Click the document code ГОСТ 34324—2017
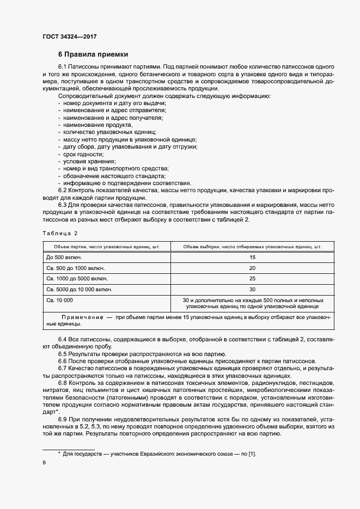70,36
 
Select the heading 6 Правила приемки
93,54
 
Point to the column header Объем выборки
252,246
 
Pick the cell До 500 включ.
64,257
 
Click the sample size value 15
252,257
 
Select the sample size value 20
252,268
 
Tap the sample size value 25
252,278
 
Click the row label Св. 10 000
60,300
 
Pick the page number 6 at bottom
44,462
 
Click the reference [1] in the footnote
252,453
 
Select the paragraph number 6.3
63,205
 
